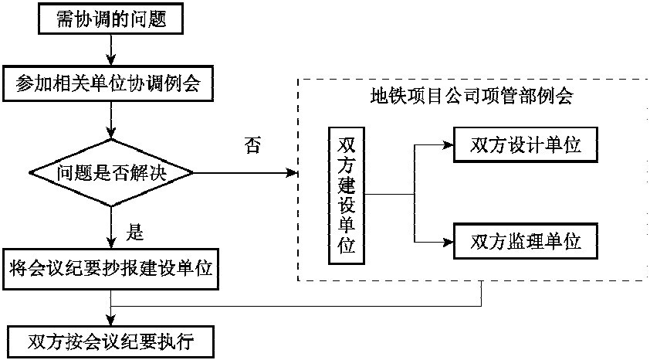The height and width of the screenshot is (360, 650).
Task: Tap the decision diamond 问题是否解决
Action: click(x=112, y=173)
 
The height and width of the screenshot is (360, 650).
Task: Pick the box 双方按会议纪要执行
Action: click(x=112, y=340)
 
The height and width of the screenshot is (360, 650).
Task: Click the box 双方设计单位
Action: click(x=525, y=144)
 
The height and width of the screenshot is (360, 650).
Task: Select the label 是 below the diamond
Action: click(x=135, y=231)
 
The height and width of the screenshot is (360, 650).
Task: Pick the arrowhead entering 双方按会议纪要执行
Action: click(x=112, y=320)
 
